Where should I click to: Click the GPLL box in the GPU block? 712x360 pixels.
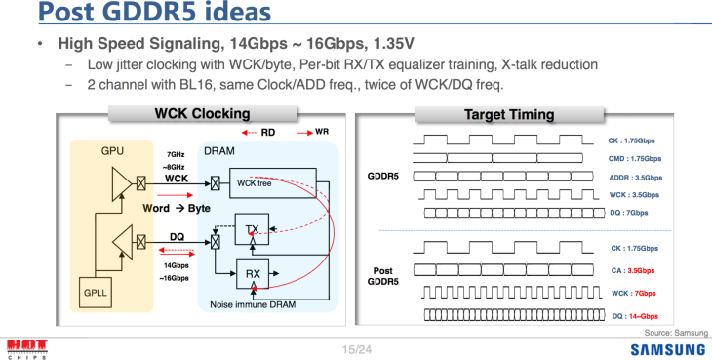click(x=96, y=293)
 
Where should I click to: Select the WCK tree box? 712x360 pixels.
click(x=272, y=183)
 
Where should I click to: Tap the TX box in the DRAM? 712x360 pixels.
click(x=252, y=229)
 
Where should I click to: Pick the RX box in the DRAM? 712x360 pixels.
click(x=253, y=274)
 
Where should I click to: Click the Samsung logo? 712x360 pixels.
click(x=668, y=349)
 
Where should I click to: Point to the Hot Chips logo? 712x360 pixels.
click(x=27, y=348)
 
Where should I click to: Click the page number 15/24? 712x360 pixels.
click(x=357, y=349)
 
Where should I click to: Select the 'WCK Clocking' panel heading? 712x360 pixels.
click(x=202, y=113)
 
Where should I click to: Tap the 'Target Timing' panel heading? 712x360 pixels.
click(x=509, y=114)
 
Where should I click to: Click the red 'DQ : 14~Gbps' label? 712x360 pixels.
click(x=635, y=316)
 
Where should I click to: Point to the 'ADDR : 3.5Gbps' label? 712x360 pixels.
click(x=636, y=178)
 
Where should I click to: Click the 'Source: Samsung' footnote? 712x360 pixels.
click(x=676, y=333)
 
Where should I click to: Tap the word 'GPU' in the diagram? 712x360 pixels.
click(x=112, y=151)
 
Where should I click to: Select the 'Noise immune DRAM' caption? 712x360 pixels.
click(x=253, y=304)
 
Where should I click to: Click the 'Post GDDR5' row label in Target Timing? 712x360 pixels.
click(x=382, y=276)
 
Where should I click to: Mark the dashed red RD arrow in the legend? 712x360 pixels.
click(x=249, y=133)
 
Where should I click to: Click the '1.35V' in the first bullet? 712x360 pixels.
click(x=394, y=44)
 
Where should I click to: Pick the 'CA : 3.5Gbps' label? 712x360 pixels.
click(x=633, y=271)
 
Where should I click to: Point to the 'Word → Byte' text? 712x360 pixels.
click(x=177, y=208)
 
